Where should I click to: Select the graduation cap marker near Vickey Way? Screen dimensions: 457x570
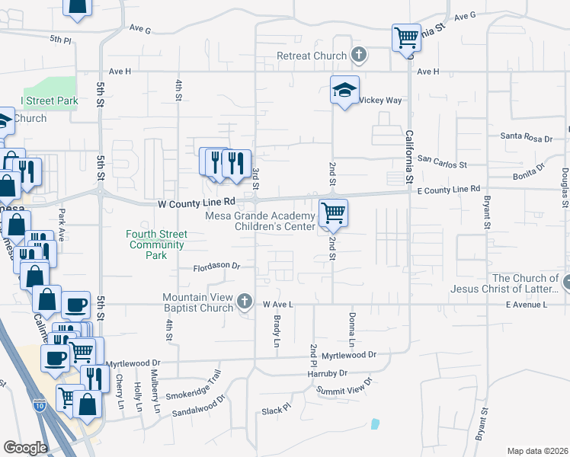click(344, 90)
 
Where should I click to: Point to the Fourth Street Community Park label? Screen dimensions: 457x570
click(156, 244)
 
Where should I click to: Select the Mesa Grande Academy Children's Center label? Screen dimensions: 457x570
click(261, 221)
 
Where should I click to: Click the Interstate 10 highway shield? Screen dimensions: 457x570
click(38, 405)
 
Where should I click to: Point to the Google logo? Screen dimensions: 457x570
click(25, 448)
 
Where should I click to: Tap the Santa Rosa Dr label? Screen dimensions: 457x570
click(526, 137)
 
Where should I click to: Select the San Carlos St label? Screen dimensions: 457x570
click(443, 162)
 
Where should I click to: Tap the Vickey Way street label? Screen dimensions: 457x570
click(379, 100)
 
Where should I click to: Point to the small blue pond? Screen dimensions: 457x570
click(374, 423)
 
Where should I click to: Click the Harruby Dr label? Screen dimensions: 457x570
click(327, 373)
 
